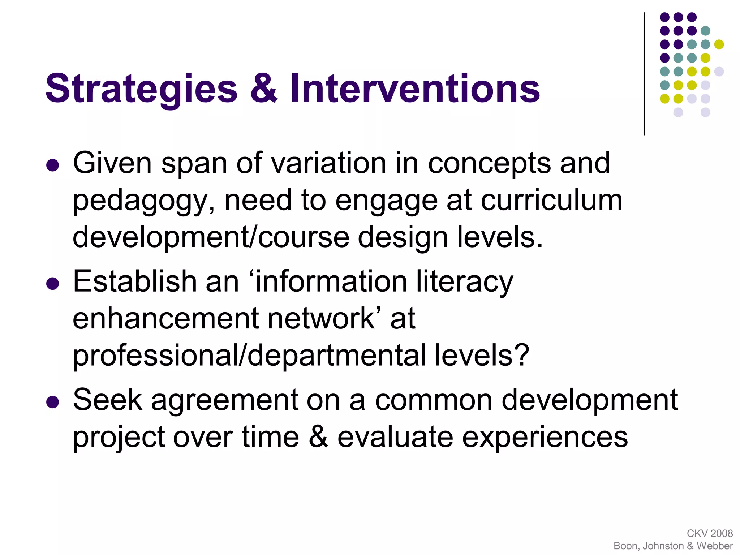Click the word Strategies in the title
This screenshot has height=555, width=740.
(141, 89)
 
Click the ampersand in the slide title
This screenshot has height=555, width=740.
(264, 88)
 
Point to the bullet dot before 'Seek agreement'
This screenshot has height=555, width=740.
(53, 402)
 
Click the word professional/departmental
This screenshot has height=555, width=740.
(249, 356)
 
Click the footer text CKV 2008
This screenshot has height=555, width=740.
(710, 533)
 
